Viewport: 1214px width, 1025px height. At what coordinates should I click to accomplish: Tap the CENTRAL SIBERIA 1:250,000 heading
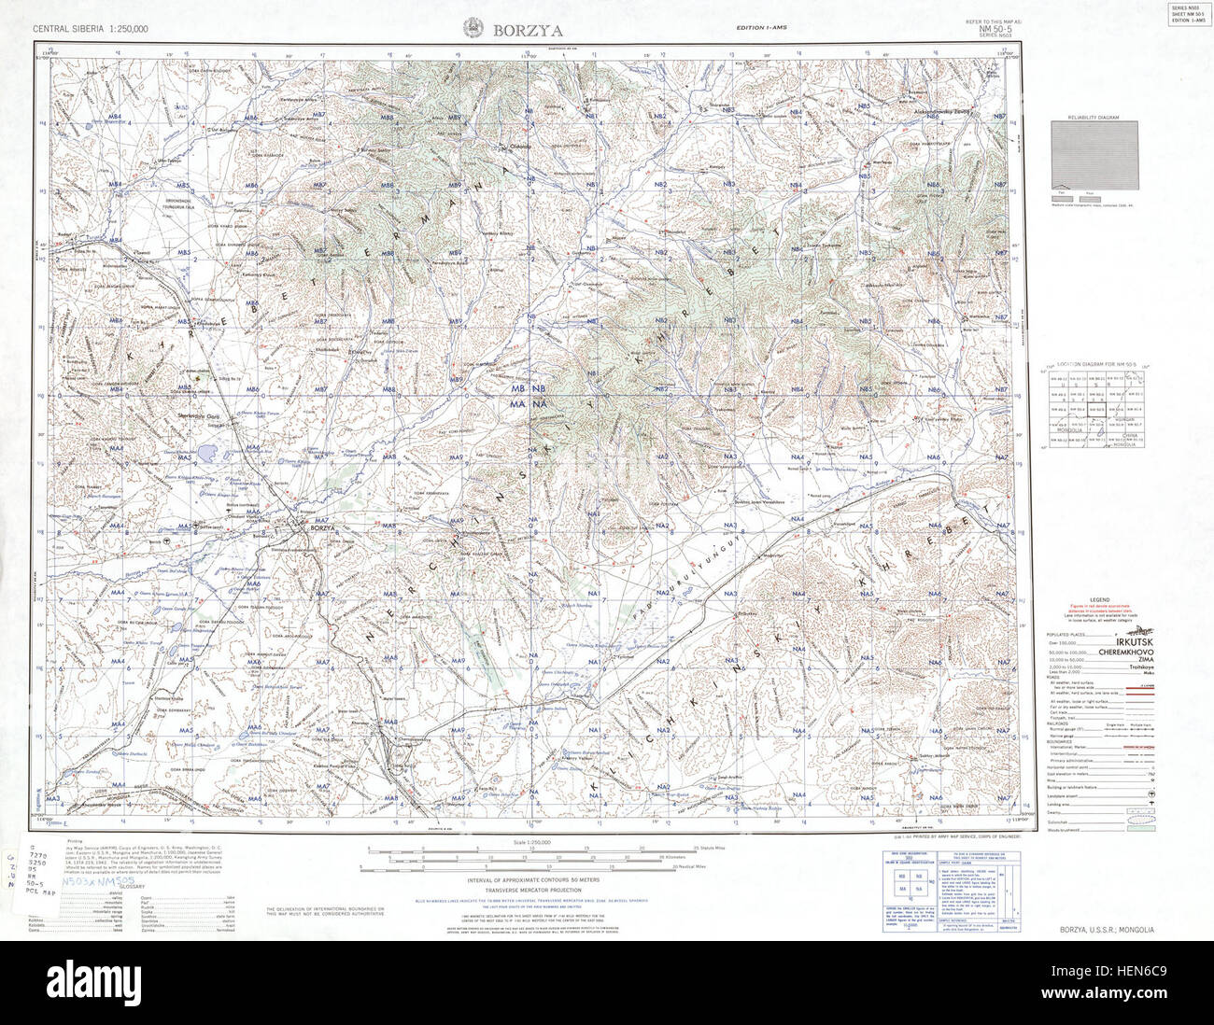point(91,30)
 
